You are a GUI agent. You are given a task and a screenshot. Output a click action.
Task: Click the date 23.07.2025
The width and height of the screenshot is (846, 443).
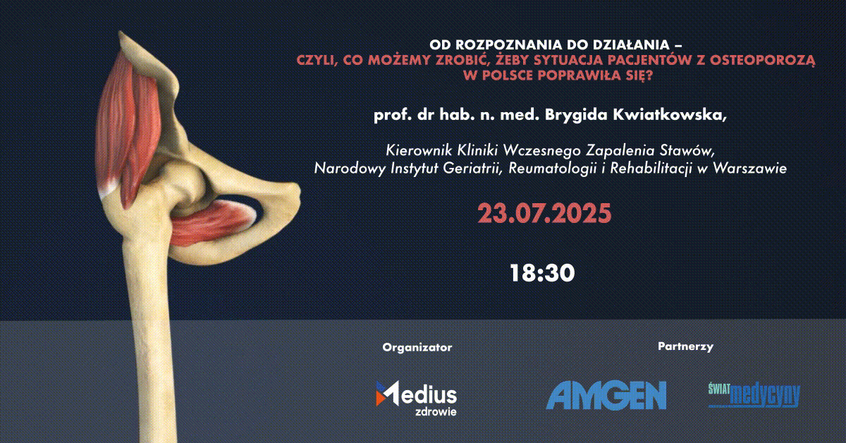click(544, 214)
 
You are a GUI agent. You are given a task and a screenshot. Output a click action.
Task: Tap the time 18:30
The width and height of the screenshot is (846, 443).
click(542, 273)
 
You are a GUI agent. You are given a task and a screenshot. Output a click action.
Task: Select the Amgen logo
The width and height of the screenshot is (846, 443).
click(606, 395)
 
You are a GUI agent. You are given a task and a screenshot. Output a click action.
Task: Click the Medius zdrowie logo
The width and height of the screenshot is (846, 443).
click(416, 398)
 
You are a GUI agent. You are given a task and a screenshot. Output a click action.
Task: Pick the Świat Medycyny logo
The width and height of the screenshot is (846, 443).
click(754, 395)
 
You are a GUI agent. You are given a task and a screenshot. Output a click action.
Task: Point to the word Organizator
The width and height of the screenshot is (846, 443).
click(417, 347)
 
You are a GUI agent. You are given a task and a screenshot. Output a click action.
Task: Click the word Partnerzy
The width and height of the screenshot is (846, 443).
click(685, 346)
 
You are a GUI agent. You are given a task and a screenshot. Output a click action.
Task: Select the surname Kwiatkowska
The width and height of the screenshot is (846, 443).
click(670, 115)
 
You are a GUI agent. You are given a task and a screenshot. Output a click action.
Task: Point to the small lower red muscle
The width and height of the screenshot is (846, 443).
click(211, 224)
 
